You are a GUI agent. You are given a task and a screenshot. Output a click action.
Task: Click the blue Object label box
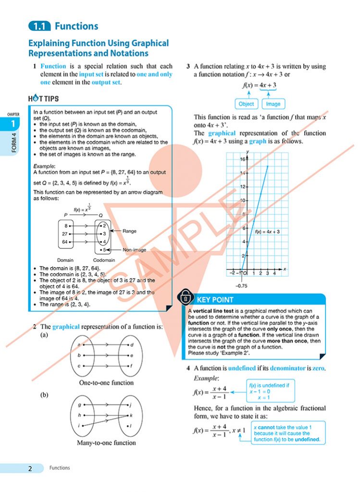pyautogui.click(x=247, y=104)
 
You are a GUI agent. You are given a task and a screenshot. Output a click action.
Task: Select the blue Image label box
pyautogui.click(x=273, y=104)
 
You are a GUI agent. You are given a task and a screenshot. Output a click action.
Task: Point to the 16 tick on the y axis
pyautogui.click(x=242, y=159)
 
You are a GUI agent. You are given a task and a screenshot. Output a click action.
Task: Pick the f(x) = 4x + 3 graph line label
pyautogui.click(x=268, y=232)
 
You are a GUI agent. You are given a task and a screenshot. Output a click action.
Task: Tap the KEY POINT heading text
pyautogui.click(x=215, y=300)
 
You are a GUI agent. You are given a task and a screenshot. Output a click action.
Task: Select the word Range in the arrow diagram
pyautogui.click(x=129, y=231)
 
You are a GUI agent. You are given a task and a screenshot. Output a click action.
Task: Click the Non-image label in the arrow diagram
pyautogui.click(x=134, y=250)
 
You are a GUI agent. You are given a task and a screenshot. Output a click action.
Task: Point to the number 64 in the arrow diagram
pyautogui.click(x=65, y=242)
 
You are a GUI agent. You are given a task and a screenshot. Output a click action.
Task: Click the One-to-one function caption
pyautogui.click(x=106, y=383)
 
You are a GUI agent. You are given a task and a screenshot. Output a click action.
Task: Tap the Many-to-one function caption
pyautogui.click(x=106, y=443)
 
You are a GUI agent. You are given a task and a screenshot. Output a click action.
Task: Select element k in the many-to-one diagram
pyautogui.click(x=131, y=415)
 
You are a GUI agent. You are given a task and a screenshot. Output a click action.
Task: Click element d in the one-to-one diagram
pyautogui.click(x=132, y=345)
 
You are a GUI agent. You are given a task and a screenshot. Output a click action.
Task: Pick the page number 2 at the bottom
pyautogui.click(x=30, y=468)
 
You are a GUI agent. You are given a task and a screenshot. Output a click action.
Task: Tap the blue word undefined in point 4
pyautogui.click(x=241, y=369)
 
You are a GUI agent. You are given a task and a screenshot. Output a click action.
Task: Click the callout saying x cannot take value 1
pyautogui.click(x=287, y=433)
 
